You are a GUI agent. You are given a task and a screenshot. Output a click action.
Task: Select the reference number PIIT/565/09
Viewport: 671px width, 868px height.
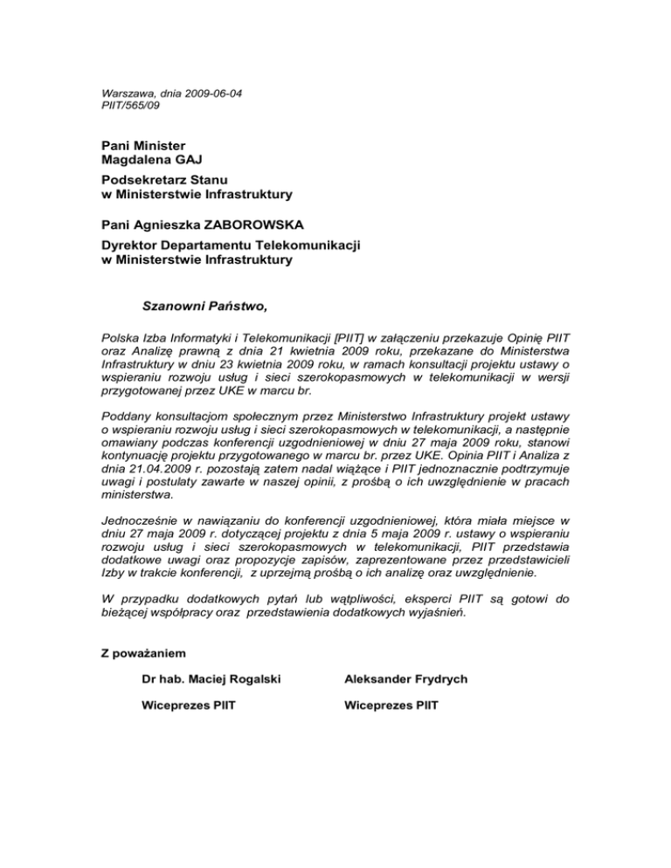(131, 106)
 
